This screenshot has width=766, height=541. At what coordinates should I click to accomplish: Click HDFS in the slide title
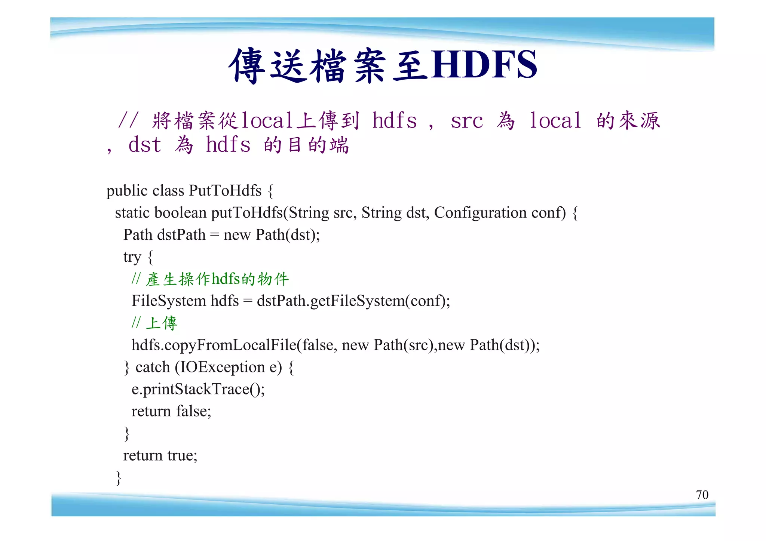click(x=484, y=65)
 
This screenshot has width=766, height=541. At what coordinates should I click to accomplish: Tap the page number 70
click(x=702, y=495)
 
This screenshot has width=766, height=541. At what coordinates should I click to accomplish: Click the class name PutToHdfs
click(x=225, y=191)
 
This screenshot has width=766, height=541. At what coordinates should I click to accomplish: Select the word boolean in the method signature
click(x=180, y=213)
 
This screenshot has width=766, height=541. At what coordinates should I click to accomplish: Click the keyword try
click(x=132, y=257)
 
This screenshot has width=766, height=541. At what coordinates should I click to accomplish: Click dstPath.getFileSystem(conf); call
click(x=353, y=301)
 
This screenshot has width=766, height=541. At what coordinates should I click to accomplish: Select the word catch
click(x=153, y=367)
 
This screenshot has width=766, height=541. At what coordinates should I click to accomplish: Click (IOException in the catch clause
click(x=220, y=367)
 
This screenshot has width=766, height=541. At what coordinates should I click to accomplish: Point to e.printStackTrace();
click(x=198, y=389)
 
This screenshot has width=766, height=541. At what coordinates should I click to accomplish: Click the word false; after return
click(x=194, y=411)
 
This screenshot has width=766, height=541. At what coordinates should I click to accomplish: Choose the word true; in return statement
click(x=182, y=455)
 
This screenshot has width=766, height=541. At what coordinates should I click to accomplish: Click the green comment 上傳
click(x=162, y=323)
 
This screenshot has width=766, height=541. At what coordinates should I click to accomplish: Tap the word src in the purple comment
click(x=466, y=121)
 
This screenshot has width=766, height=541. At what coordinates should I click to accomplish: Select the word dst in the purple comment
click(x=145, y=145)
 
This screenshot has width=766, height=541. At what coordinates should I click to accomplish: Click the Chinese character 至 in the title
click(x=410, y=66)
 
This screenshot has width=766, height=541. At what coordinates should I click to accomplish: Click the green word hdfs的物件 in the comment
click(x=250, y=279)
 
